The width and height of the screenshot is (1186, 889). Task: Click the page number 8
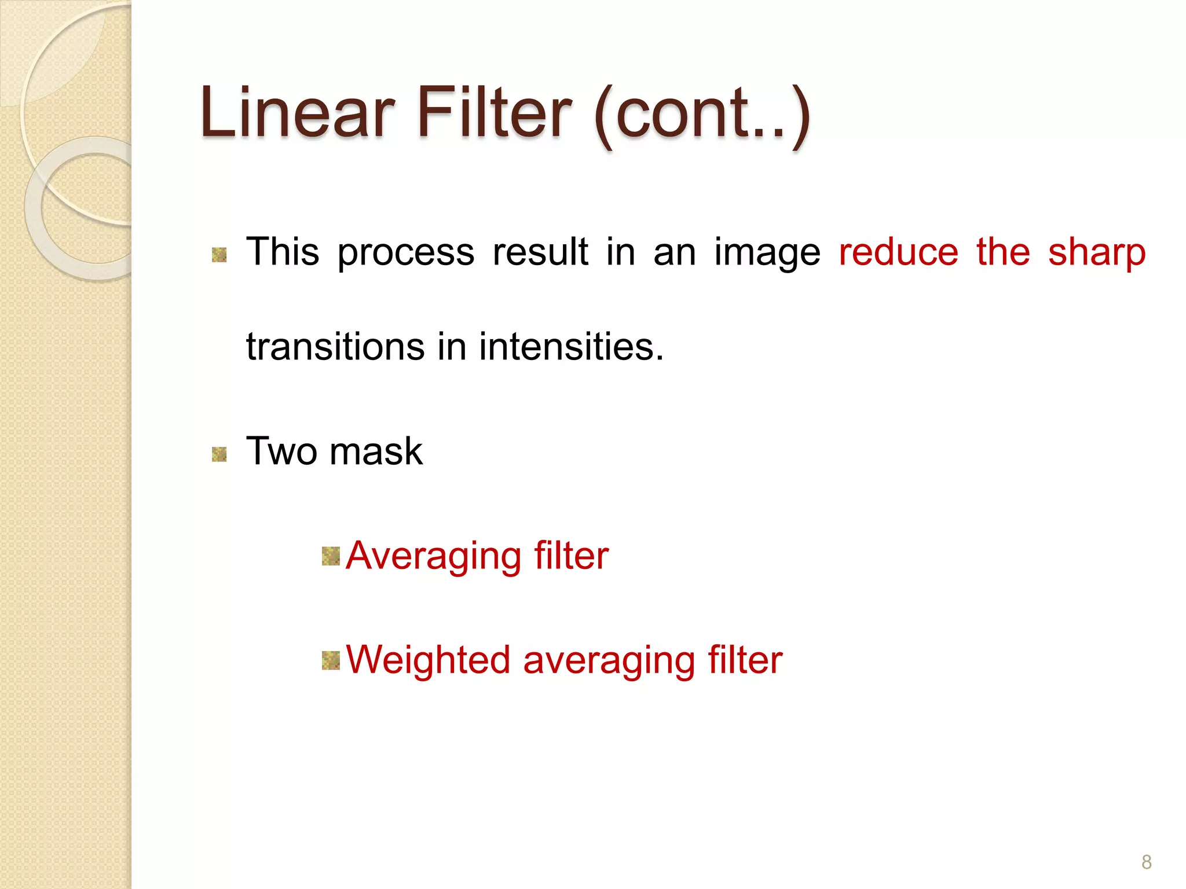coord(1146,862)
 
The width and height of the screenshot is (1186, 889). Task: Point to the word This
coord(283,252)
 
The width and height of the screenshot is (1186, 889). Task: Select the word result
coord(540,252)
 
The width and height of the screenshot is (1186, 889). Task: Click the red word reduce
coord(898,252)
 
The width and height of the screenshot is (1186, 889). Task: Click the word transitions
coord(335,347)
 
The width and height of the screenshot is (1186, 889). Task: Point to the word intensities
coord(570,347)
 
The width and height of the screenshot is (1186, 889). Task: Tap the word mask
coord(376,451)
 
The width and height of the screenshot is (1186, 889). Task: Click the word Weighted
coord(428,660)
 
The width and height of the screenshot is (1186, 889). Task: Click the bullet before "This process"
coord(219,255)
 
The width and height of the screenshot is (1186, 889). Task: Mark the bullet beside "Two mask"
coord(219,454)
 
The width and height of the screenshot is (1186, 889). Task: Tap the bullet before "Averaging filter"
coord(331,556)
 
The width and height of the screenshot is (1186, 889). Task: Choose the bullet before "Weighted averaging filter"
coord(331,660)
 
